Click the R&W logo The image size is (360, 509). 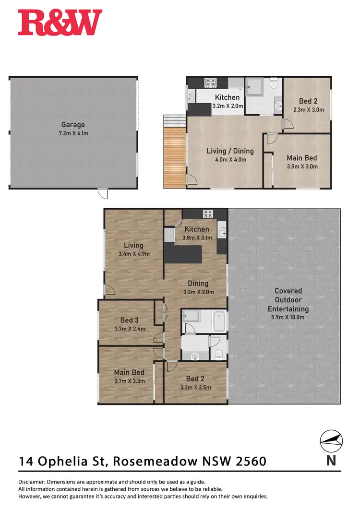60,23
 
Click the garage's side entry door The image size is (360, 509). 102,193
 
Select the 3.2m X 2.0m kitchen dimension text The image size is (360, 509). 227,106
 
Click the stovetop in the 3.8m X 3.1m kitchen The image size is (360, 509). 208,214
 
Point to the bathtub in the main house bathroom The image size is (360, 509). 218,320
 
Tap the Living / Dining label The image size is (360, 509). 230,151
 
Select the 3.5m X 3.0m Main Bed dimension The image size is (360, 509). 301,166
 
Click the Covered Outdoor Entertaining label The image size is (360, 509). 288,300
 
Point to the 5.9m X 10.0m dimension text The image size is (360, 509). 288,317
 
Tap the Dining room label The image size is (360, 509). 198,284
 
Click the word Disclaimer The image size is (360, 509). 34,482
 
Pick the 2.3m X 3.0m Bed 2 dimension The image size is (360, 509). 309,110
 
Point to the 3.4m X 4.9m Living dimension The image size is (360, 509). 134,254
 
